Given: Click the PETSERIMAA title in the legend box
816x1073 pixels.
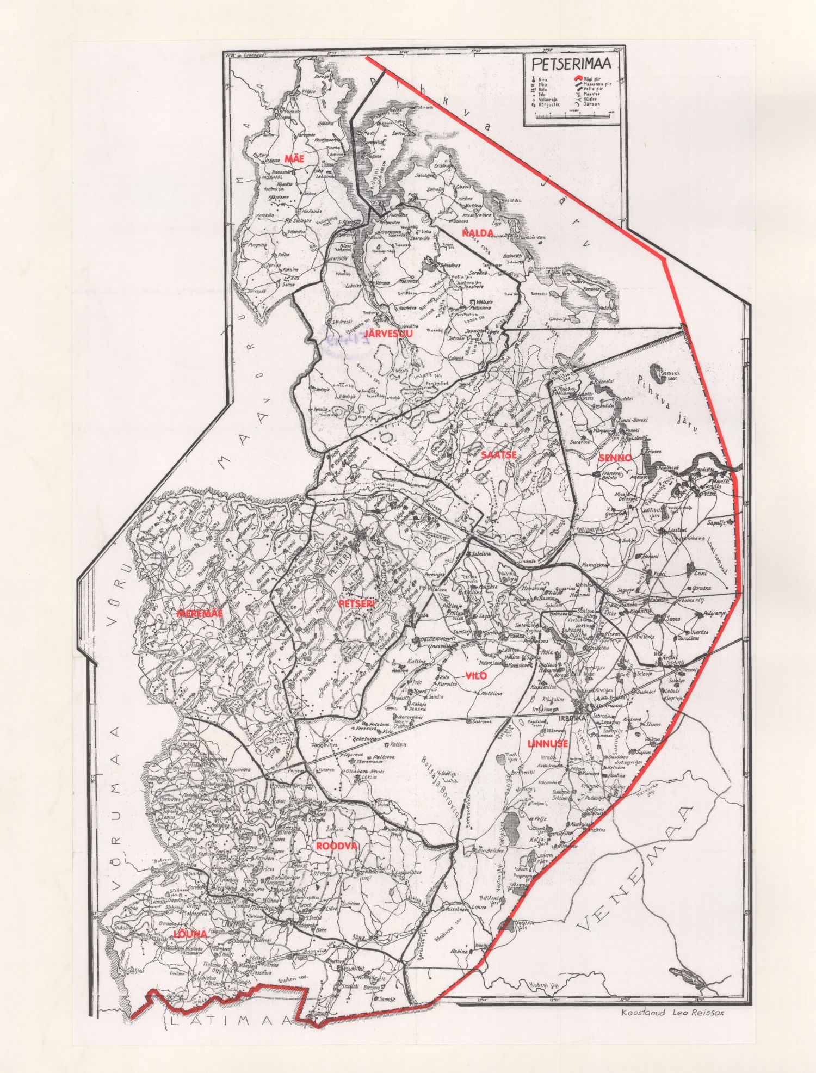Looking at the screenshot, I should (x=571, y=63).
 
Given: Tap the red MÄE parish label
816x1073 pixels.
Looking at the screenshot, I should (x=293, y=158).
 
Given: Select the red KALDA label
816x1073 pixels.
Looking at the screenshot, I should (x=478, y=233).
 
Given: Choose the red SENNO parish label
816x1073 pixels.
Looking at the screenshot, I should (x=615, y=458).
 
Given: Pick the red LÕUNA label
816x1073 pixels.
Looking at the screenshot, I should (x=190, y=934).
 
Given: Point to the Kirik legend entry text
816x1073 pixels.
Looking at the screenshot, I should (x=542, y=80).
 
